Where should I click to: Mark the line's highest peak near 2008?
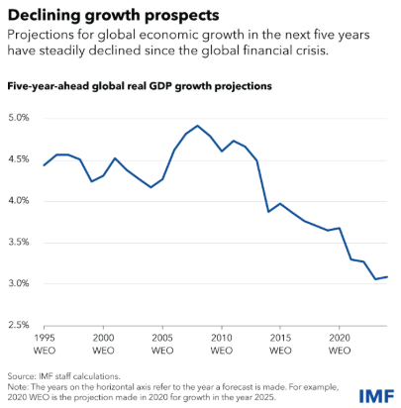tap(198, 126)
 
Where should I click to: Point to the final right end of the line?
tap(386, 277)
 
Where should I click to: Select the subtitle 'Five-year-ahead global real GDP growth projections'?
tap(140, 87)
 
